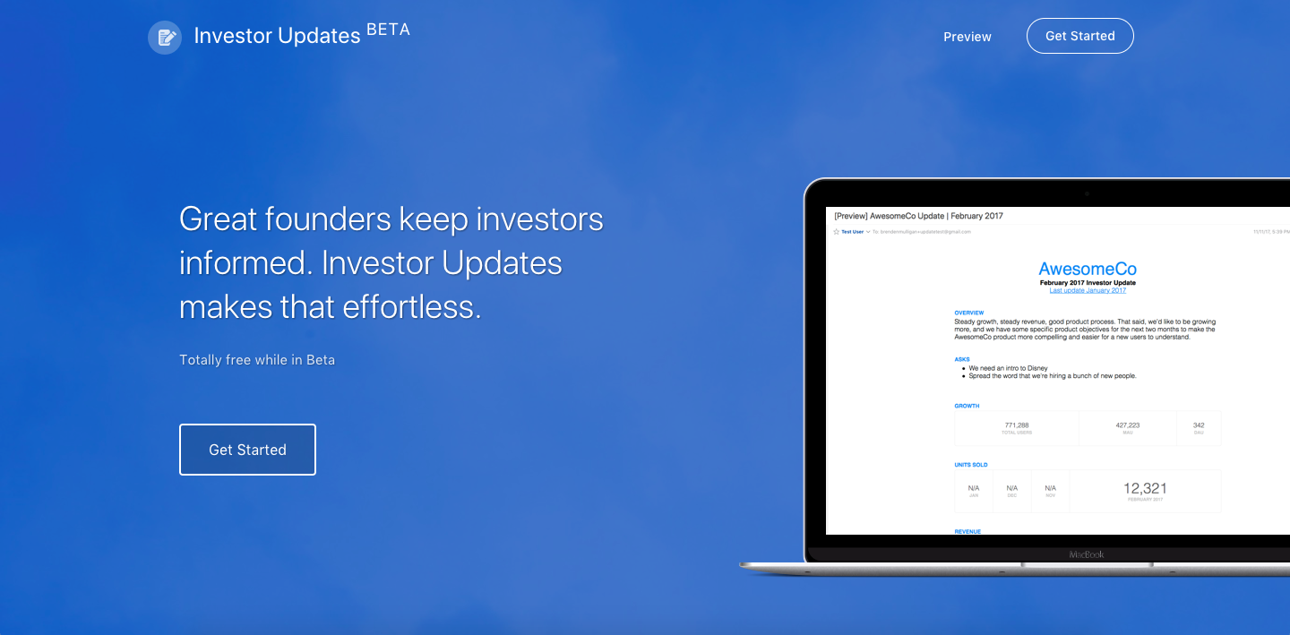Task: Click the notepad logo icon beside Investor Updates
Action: click(165, 37)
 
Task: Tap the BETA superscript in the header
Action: click(388, 30)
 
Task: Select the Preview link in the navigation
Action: click(967, 37)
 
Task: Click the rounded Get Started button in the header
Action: click(1079, 36)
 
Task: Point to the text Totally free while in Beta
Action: click(257, 360)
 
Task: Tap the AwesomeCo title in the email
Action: click(1088, 269)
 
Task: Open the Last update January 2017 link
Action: click(1088, 290)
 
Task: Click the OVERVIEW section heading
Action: click(969, 313)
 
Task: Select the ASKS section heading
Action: click(962, 359)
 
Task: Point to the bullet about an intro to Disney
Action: click(1008, 368)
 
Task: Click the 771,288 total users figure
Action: click(1017, 425)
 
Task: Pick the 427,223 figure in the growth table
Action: click(1127, 425)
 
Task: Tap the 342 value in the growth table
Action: click(1199, 425)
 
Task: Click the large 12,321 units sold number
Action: click(1145, 488)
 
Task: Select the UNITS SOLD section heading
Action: click(971, 465)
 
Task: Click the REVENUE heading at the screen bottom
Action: click(967, 531)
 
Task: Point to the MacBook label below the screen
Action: click(1087, 554)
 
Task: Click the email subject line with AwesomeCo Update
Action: click(918, 216)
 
